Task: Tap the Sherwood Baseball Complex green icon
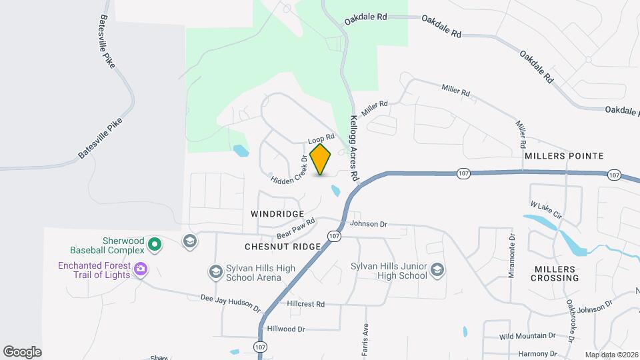tap(155, 245)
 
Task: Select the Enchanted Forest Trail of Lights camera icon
tap(140, 269)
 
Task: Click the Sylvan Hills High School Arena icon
tap(215, 271)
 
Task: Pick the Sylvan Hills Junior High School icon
tap(437, 269)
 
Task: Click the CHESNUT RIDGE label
tap(283, 247)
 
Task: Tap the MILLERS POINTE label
tap(564, 156)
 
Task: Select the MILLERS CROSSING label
tap(555, 273)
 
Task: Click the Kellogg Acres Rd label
tap(354, 147)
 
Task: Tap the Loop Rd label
tap(321, 138)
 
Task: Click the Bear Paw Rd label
tap(296, 229)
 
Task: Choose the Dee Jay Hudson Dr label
tap(231, 304)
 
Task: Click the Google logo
tap(22, 351)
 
